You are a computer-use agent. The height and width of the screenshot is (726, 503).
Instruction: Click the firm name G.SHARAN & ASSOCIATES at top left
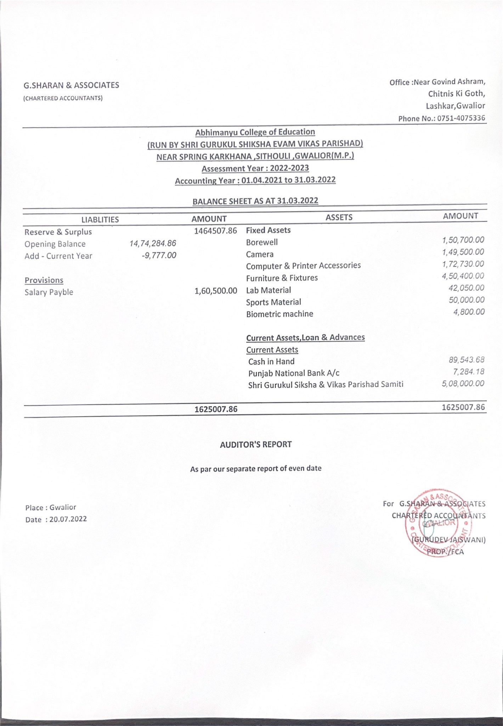[71, 85]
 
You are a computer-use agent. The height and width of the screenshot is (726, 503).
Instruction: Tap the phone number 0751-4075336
[461, 118]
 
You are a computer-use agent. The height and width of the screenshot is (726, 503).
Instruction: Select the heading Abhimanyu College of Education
[255, 132]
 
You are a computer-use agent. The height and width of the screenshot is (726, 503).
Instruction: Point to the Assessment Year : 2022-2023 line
[255, 168]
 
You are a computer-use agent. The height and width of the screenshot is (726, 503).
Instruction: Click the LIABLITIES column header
[100, 219]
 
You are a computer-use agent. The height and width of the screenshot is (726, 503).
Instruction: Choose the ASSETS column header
[339, 217]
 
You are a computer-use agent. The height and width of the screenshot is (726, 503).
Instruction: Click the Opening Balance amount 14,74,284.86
[153, 244]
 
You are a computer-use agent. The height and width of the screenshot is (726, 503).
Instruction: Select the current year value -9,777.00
[158, 256]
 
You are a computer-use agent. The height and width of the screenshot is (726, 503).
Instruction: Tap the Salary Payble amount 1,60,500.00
[216, 291]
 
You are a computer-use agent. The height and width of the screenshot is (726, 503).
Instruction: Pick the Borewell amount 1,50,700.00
[463, 240]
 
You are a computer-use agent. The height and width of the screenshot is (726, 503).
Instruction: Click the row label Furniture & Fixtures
[282, 278]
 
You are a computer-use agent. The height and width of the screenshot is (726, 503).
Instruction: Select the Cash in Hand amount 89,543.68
[466, 360]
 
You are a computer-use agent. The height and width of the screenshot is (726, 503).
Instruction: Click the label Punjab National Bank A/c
[294, 373]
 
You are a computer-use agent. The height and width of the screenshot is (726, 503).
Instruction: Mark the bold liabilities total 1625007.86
[216, 409]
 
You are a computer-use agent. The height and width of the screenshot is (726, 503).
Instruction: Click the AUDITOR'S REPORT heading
[256, 445]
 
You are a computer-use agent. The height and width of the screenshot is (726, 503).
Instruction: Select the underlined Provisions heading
[44, 280]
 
